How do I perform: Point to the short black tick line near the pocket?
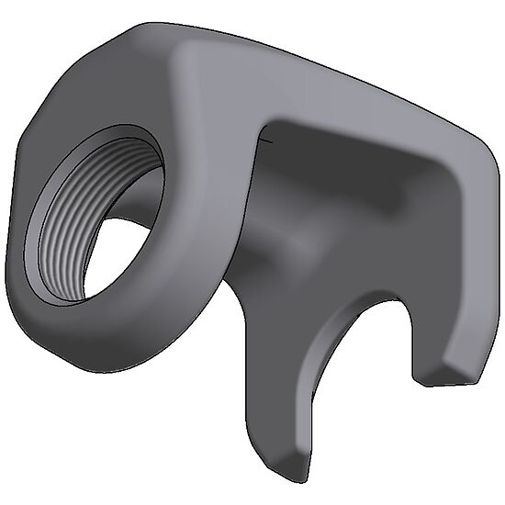pos(266,140)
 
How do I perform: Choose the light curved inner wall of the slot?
pos(321,358)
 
